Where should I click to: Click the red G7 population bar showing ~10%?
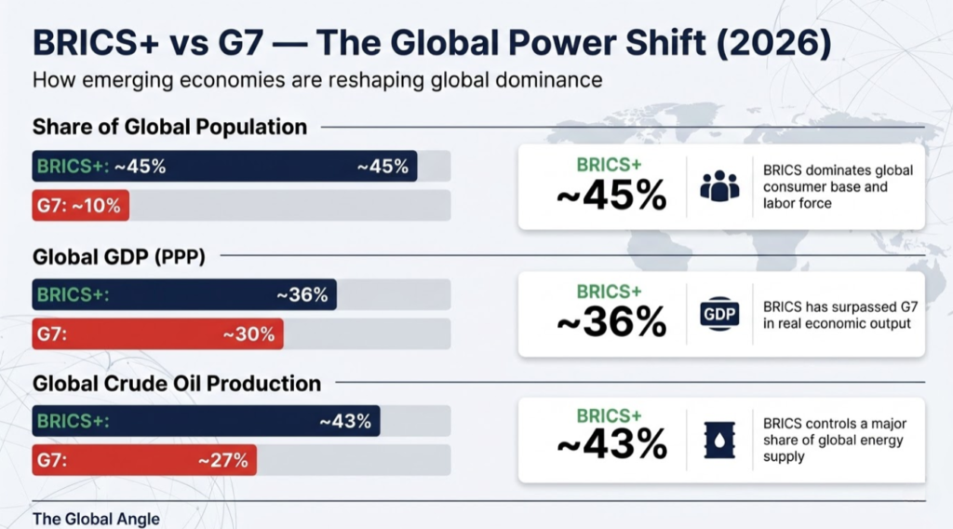[x=80, y=206]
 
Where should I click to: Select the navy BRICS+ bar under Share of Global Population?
[x=223, y=167]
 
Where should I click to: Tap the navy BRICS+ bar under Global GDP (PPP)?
[x=183, y=295]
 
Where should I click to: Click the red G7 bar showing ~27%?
[x=143, y=460]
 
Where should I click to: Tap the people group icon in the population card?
[x=718, y=186]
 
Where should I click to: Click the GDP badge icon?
[x=718, y=315]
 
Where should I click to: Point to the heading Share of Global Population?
[x=169, y=127]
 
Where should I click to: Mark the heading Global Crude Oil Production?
[x=177, y=383]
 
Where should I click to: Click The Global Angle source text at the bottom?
[x=96, y=519]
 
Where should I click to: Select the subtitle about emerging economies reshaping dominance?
[x=317, y=80]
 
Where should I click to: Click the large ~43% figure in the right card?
[x=611, y=446]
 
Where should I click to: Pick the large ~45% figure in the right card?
[x=611, y=196]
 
